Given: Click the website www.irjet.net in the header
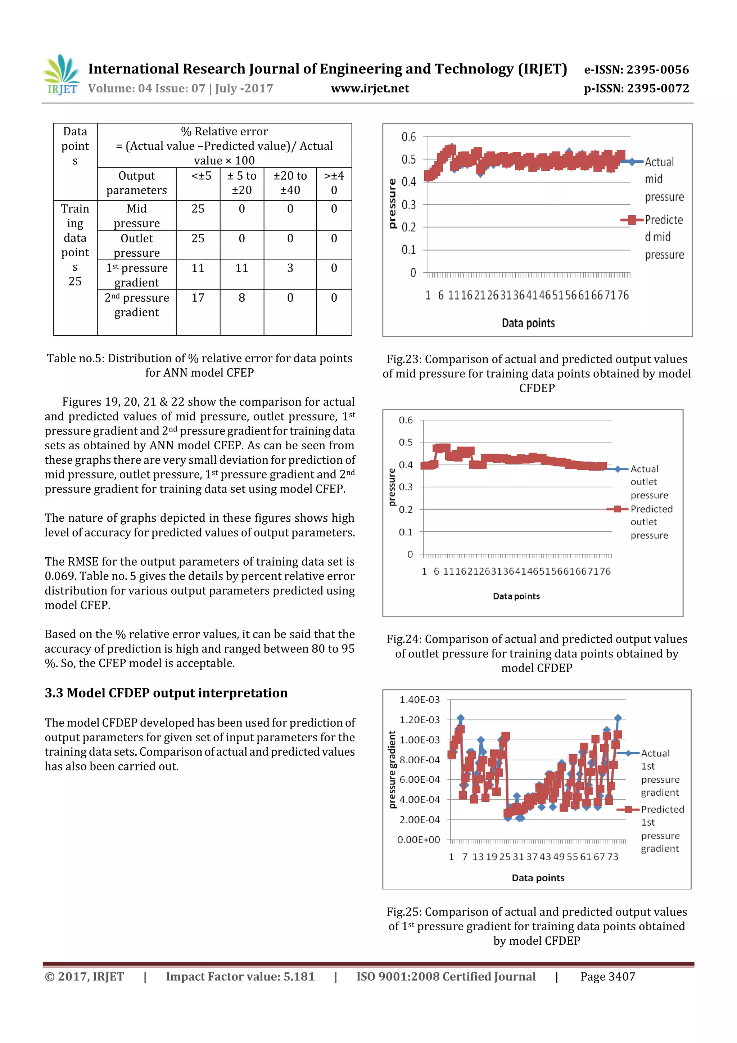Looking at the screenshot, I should coord(370,88).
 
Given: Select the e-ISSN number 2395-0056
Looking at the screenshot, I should coord(657,69).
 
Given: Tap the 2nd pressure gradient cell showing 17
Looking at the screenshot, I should coord(198,298).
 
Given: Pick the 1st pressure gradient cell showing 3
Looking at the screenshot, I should coord(290,268).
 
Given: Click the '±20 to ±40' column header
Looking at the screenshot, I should coord(290,183).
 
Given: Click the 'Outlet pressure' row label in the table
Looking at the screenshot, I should coord(137,245).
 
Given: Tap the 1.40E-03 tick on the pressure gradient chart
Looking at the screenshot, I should coord(419,700).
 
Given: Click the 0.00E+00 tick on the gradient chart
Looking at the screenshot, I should coord(418,840).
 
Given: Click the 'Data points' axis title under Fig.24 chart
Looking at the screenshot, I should coord(516,596).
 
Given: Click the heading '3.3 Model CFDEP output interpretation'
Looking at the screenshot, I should coord(166,693).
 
